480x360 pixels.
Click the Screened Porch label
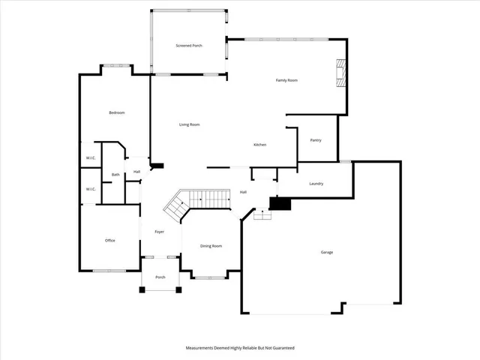tap(189, 46)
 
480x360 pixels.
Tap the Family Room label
tap(287, 79)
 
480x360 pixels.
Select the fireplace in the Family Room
tap(341, 73)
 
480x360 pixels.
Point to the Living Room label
tap(189, 124)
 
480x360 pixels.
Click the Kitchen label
tap(259, 145)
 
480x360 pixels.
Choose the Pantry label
tap(316, 139)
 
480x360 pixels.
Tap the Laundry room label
tap(316, 183)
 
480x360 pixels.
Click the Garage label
tap(327, 252)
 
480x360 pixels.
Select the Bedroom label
tap(116, 112)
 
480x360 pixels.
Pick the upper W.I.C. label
tap(90, 157)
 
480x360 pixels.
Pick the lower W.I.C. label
tap(90, 189)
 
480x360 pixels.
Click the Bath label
tap(115, 175)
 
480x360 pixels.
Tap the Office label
tap(109, 240)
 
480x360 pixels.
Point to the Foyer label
tap(160, 232)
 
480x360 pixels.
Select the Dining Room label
tap(211, 246)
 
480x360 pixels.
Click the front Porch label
tap(160, 277)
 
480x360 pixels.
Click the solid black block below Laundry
tap(280, 203)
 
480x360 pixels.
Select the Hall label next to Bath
tap(137, 172)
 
